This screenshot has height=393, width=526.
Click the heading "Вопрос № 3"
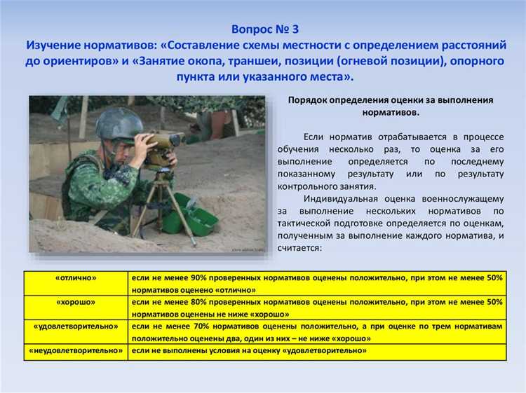click(x=264, y=29)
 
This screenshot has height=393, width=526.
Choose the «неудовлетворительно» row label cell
click(x=76, y=350)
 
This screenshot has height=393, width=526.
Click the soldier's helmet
click(x=119, y=125)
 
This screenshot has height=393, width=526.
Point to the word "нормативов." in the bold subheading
click(x=391, y=112)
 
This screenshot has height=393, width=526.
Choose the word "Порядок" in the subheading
click(x=307, y=100)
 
